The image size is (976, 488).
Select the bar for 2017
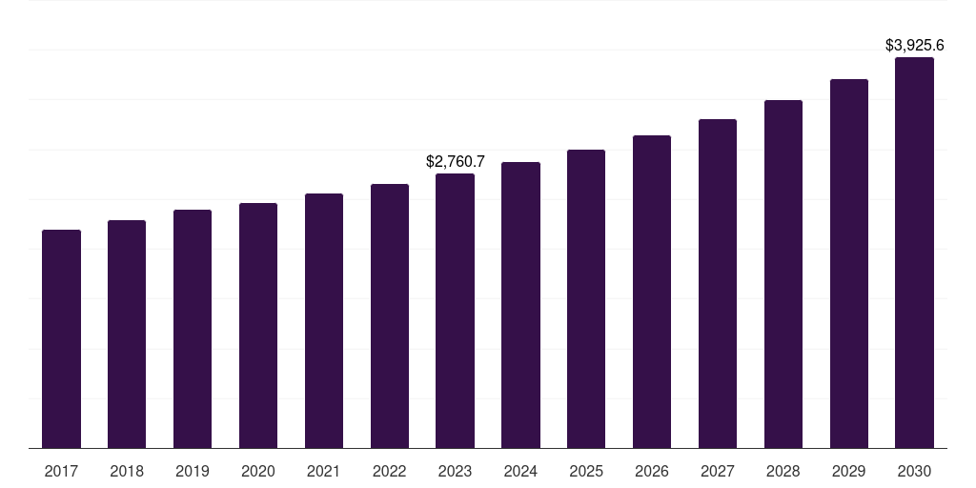click(x=61, y=338)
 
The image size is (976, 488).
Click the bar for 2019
click(x=193, y=329)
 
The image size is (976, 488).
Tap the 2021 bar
click(x=324, y=320)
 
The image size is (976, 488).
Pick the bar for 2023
click(x=455, y=311)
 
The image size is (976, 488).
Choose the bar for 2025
click(x=586, y=298)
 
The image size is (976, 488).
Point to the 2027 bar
click(x=718, y=283)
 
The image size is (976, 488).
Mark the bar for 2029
click(x=849, y=263)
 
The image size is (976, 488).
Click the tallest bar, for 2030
click(x=914, y=253)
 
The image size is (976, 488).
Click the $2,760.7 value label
click(x=455, y=162)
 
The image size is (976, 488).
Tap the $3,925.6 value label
click(x=914, y=46)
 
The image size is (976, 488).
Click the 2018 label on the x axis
click(x=127, y=471)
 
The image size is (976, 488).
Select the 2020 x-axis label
click(x=258, y=471)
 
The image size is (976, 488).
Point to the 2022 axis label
click(x=390, y=471)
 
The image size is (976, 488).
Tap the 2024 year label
click(x=520, y=471)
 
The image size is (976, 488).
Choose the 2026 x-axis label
click(x=652, y=471)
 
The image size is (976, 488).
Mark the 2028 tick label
click(x=783, y=471)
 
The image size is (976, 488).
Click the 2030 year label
click(x=914, y=471)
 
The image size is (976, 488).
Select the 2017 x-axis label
click(x=61, y=471)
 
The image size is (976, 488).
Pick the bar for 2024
click(x=520, y=305)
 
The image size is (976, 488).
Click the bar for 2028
click(x=783, y=274)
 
